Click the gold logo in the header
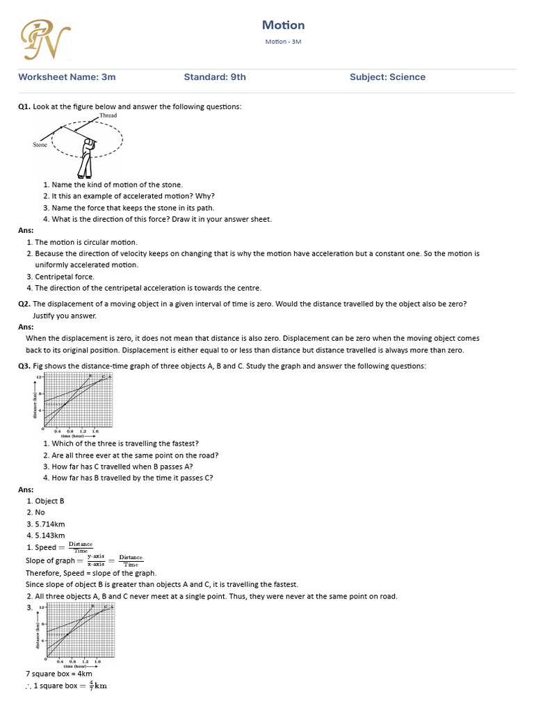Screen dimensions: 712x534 point(45,39)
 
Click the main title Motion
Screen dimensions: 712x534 point(283,25)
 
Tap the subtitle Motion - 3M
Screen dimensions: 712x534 point(283,42)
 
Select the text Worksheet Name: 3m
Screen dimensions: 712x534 point(67,77)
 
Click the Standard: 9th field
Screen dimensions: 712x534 point(215,77)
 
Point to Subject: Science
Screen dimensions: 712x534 point(387,77)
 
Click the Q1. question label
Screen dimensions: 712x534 point(24,106)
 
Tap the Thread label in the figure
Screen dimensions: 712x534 point(108,115)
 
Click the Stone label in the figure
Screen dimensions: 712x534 point(40,145)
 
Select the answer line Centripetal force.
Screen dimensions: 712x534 point(65,277)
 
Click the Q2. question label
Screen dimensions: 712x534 point(24,304)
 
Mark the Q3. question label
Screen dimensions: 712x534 point(24,366)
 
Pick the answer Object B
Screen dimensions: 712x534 point(49,501)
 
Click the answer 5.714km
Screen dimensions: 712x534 point(50,524)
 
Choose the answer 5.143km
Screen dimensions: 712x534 point(50,535)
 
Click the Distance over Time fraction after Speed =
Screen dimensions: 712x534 point(81,547)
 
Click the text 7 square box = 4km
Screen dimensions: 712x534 point(58,674)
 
